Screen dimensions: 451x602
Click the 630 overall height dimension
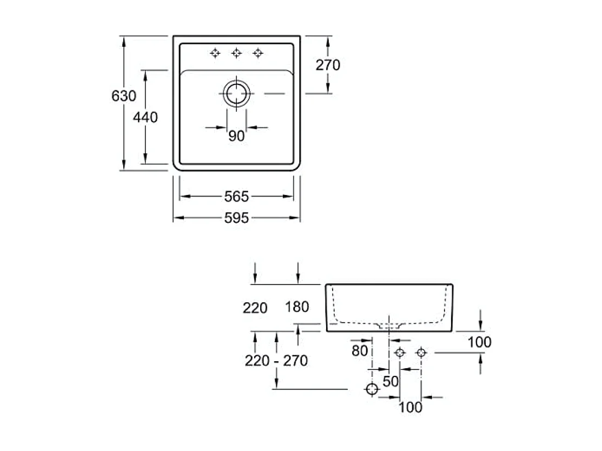(x=124, y=96)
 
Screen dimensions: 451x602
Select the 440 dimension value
(x=146, y=117)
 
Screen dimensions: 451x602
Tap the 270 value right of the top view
(x=328, y=65)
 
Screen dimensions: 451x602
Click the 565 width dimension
(x=236, y=196)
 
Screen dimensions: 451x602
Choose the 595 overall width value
(x=236, y=218)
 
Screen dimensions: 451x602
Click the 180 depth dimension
(x=297, y=307)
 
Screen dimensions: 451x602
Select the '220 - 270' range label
(x=276, y=360)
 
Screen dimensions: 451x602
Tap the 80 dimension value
(x=360, y=351)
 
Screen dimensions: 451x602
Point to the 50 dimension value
(x=390, y=381)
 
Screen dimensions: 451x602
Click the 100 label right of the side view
(x=480, y=342)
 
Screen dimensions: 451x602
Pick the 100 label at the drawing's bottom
(x=410, y=407)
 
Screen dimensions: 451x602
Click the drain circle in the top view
(x=236, y=94)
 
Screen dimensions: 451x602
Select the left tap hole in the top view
(x=215, y=53)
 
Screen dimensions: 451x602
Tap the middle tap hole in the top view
(x=236, y=53)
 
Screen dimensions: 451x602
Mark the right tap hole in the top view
(x=258, y=53)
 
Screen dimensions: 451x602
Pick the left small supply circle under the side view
(x=400, y=353)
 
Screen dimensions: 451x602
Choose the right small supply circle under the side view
(x=420, y=353)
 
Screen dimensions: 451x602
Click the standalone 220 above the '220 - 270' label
(x=255, y=308)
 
